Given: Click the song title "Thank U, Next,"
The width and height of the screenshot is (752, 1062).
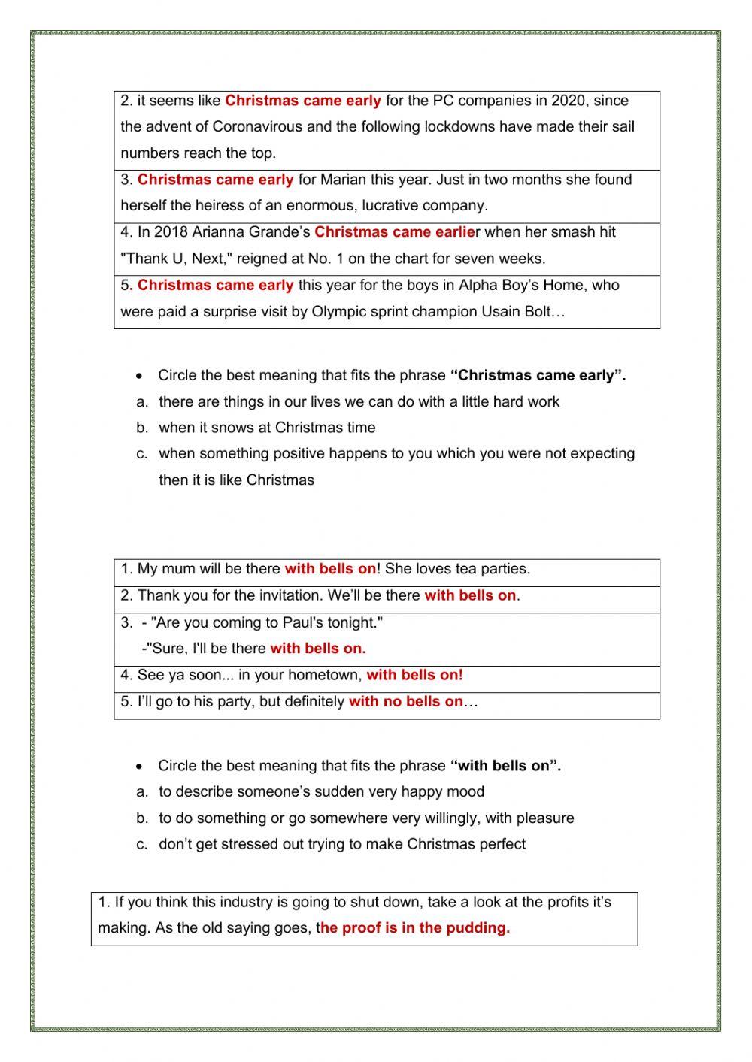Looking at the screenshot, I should (177, 259).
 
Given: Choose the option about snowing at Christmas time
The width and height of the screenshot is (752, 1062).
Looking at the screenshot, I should (267, 428).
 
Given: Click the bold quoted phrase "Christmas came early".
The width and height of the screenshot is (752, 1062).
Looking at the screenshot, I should (538, 375).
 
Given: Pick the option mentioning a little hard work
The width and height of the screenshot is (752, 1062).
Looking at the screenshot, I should (359, 401).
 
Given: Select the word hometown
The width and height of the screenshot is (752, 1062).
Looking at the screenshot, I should (326, 675).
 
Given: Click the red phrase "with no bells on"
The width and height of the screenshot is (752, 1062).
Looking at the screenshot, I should (406, 702).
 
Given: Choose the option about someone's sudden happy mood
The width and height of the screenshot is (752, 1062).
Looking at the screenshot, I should (321, 791).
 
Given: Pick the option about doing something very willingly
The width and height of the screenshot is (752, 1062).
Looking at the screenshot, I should (366, 818).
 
